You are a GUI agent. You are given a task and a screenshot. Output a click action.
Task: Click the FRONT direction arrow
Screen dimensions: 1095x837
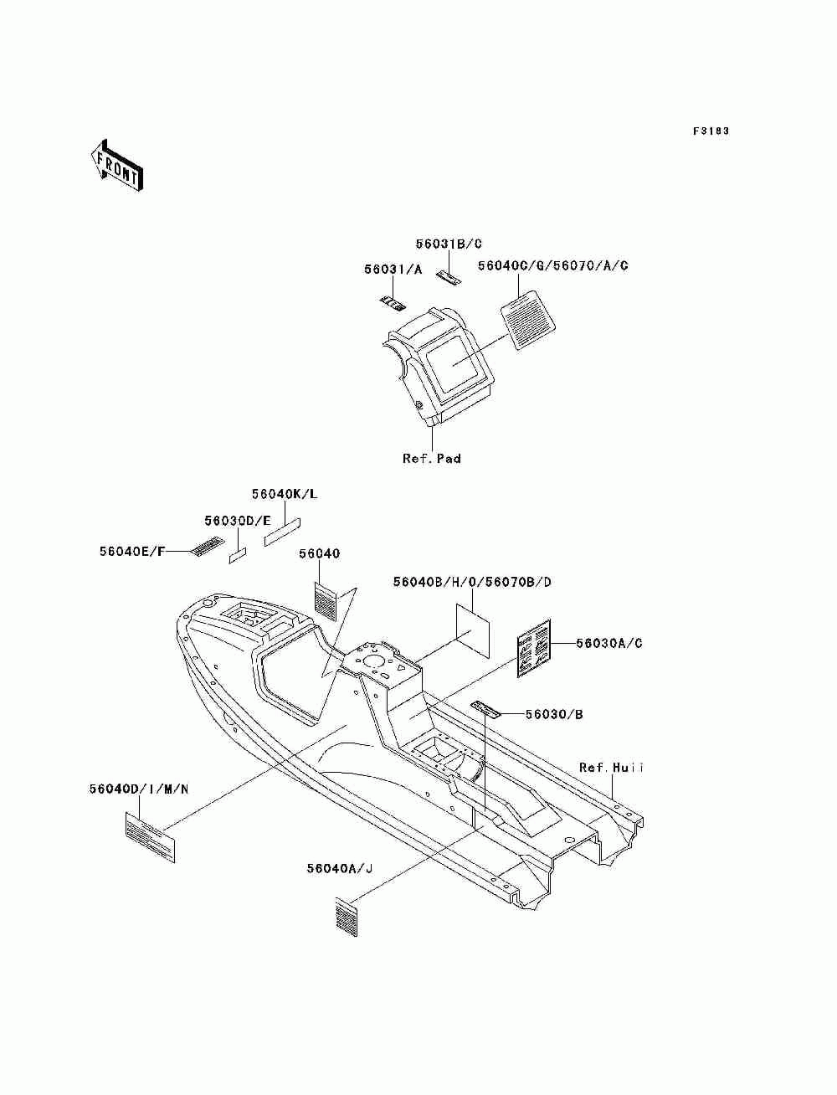[x=116, y=165]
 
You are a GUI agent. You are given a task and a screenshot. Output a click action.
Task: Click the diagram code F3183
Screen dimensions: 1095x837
[x=711, y=131]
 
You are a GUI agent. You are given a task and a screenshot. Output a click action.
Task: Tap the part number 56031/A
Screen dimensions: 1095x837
[x=393, y=270]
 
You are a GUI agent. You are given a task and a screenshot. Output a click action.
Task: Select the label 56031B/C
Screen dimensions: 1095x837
[x=449, y=244]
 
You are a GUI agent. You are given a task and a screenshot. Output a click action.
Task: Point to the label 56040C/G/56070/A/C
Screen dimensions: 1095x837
[x=552, y=266]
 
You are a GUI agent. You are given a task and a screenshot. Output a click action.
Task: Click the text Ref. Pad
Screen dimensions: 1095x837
[x=431, y=459]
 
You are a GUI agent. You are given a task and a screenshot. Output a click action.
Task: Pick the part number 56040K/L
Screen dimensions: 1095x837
[x=285, y=494]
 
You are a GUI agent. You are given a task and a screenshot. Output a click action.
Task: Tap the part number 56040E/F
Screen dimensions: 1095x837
[x=133, y=551]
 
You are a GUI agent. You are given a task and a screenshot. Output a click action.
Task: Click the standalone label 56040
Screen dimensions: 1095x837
[x=320, y=554]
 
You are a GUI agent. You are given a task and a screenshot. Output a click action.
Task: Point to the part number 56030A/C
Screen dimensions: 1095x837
[x=609, y=643]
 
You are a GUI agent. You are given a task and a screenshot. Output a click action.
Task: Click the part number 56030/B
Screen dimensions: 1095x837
[x=554, y=714]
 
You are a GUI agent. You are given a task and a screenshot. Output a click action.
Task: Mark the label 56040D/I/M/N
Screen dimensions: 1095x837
[x=139, y=789]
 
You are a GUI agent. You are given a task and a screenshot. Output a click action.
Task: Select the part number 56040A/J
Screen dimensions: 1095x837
[x=339, y=868]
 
